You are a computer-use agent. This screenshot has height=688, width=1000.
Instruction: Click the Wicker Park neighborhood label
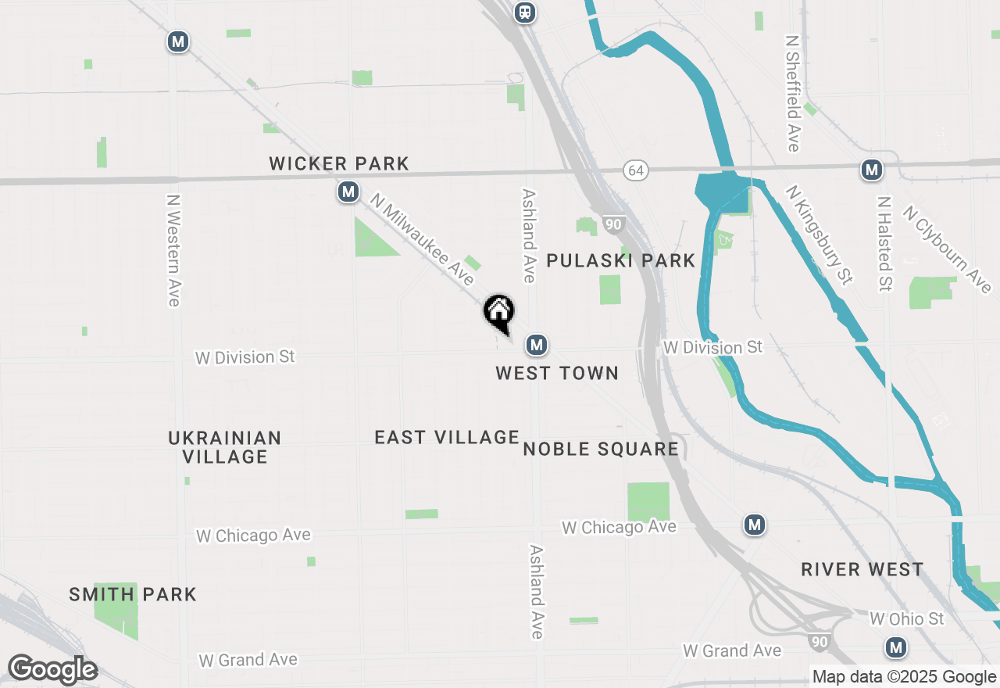point(339,163)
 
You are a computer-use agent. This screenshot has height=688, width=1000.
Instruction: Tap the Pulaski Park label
point(620,260)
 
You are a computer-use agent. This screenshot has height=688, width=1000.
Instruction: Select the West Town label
point(557,373)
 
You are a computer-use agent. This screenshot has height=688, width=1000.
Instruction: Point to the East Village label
point(447,437)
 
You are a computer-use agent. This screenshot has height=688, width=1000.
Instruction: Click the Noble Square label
point(601,449)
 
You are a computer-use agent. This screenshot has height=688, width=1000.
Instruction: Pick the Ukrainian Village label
point(225,447)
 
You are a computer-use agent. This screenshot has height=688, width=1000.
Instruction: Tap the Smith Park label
point(133,594)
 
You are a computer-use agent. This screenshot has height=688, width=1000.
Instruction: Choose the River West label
point(862,569)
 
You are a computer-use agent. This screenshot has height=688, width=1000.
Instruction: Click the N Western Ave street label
point(173,250)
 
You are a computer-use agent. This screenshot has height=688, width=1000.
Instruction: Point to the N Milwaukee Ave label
point(423,239)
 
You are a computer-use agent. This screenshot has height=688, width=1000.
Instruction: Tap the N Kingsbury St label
point(819,234)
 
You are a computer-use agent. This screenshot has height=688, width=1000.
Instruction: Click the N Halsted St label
point(884,243)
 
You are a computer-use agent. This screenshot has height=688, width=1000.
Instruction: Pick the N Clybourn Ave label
point(947,249)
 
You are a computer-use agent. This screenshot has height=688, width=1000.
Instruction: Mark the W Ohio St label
point(907,618)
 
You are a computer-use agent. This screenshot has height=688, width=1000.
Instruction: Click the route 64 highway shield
point(636,170)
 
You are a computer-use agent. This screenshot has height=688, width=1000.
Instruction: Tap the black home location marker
point(498,313)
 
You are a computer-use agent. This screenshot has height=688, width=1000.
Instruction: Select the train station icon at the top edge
point(525,12)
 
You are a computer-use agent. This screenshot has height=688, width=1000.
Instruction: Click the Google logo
point(52,670)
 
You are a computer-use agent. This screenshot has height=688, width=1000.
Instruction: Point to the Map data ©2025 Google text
point(904,677)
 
